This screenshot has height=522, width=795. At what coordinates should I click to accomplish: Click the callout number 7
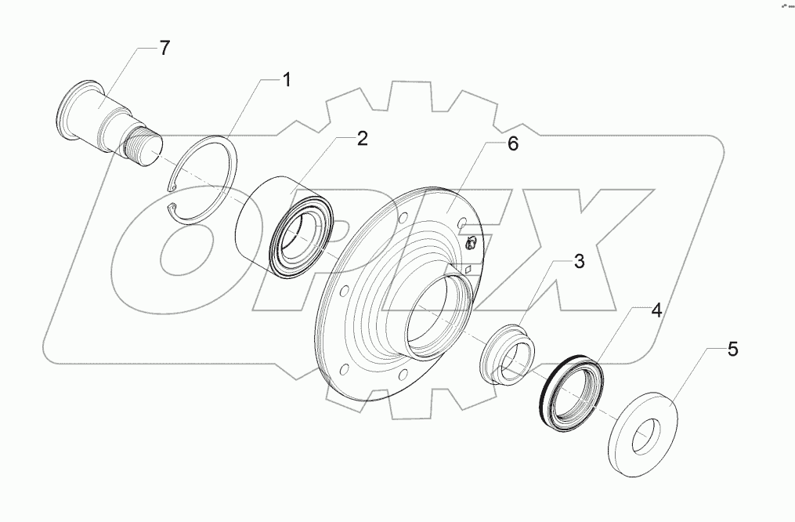coord(164,48)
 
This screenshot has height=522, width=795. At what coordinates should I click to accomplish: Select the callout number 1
coord(287,79)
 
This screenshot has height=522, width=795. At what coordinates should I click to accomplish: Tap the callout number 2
coord(362,140)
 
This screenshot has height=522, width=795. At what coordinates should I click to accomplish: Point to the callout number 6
coord(512,144)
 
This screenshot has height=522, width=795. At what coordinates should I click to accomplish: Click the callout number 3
coord(578,262)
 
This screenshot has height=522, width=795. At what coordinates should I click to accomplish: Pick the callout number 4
coord(656,310)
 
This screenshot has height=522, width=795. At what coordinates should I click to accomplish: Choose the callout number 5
coord(732,349)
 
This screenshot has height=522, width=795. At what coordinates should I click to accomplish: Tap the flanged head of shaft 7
coord(71,110)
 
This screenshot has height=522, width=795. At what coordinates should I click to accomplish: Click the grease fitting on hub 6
coord(472,244)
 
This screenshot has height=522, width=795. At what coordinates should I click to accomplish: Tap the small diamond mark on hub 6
coord(468,268)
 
